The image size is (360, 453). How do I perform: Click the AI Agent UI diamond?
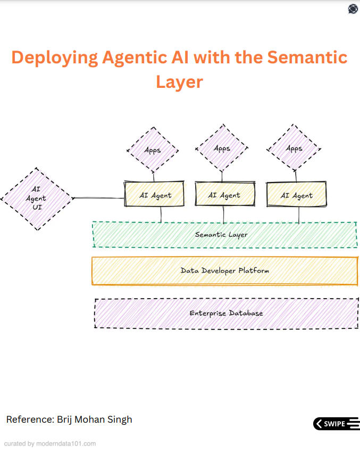pos(37,199)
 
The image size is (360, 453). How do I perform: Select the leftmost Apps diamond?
pos(153,150)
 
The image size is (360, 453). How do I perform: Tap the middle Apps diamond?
pos(222,148)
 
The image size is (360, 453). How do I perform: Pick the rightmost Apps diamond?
pos(294,148)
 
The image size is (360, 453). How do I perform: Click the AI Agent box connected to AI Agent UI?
pos(154,194)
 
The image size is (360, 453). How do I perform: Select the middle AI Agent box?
pos(225,194)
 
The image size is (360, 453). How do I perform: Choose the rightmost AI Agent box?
pos(297,194)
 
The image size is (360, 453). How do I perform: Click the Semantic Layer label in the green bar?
pos(221,235)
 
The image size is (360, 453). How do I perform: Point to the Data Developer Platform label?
pos(224,271)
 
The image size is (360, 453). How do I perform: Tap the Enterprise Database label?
pos(226,313)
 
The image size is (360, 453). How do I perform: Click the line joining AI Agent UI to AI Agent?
pos(99,198)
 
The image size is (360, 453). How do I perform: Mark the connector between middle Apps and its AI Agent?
pos(222,177)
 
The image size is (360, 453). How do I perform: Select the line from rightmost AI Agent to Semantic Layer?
pos(299,215)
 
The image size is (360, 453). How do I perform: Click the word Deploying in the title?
pos(55,57)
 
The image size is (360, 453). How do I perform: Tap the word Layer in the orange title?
pos(180,82)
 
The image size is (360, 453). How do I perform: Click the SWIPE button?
pos(336,424)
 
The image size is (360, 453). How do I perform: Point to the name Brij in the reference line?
pos(64,419)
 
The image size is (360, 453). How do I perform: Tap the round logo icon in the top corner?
pos(353,9)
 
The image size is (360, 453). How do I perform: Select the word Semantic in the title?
pos(307,57)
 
